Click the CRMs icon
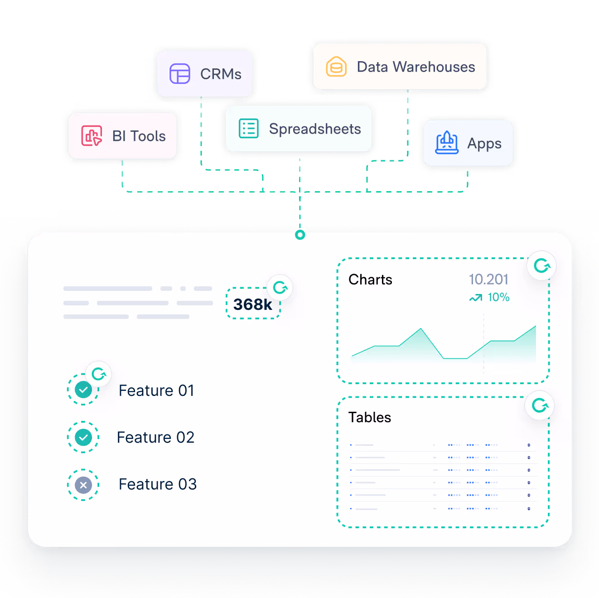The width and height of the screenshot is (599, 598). [x=179, y=74]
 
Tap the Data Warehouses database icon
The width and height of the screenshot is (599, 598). [x=336, y=67]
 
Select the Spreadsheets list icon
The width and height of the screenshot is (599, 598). [x=249, y=129]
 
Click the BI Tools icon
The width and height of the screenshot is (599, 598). [x=92, y=136]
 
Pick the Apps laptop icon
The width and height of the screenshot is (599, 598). [x=447, y=143]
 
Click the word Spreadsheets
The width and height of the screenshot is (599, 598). [x=315, y=129]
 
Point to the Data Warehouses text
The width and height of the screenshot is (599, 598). [x=416, y=67]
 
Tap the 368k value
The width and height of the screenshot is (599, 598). [x=252, y=304]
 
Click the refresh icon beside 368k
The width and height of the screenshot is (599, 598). [x=280, y=287]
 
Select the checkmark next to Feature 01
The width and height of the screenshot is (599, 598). [x=83, y=390]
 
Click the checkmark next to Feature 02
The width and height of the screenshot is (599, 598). [x=83, y=437]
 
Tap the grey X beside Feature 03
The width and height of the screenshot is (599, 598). [x=83, y=485]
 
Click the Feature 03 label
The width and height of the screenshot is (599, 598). [x=158, y=484]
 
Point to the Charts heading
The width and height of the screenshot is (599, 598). [x=370, y=280]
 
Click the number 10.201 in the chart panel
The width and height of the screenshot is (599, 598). [x=488, y=280]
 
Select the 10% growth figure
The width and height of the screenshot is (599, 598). [x=498, y=297]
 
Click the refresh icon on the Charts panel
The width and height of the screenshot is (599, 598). [x=541, y=265]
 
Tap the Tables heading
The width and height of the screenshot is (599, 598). [x=369, y=417]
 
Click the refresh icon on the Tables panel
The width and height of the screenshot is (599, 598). [x=540, y=405]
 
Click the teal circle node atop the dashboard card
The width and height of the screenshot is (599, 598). [x=300, y=235]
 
